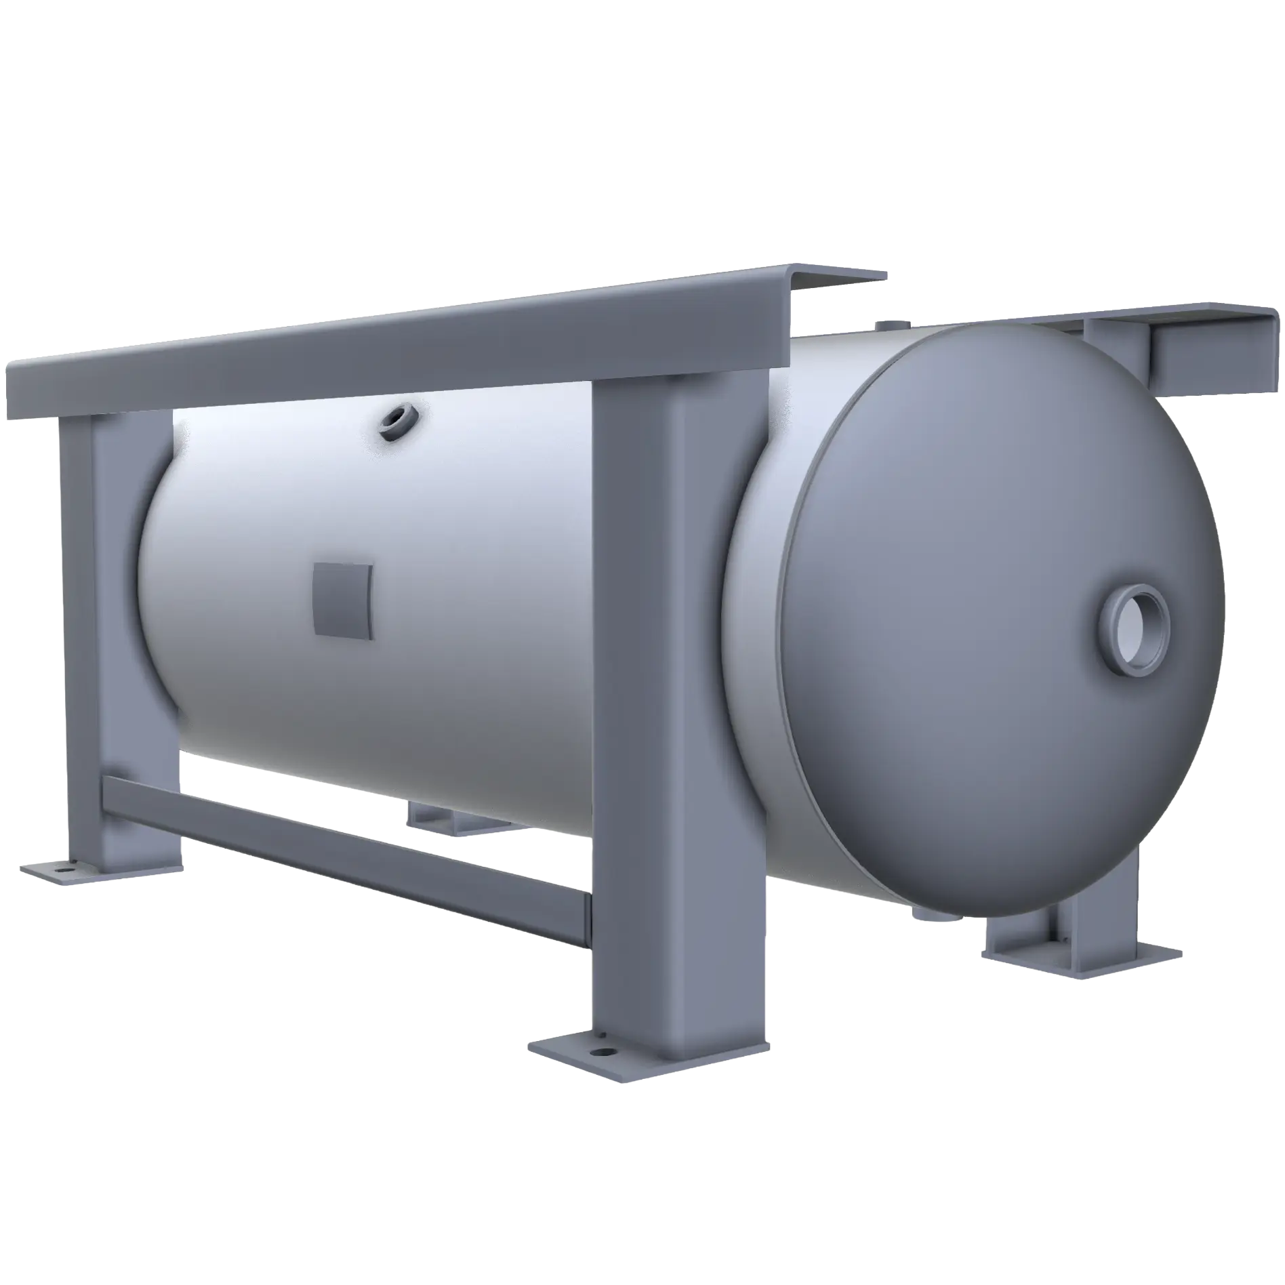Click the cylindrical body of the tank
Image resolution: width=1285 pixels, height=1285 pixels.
[x=474, y=610]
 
